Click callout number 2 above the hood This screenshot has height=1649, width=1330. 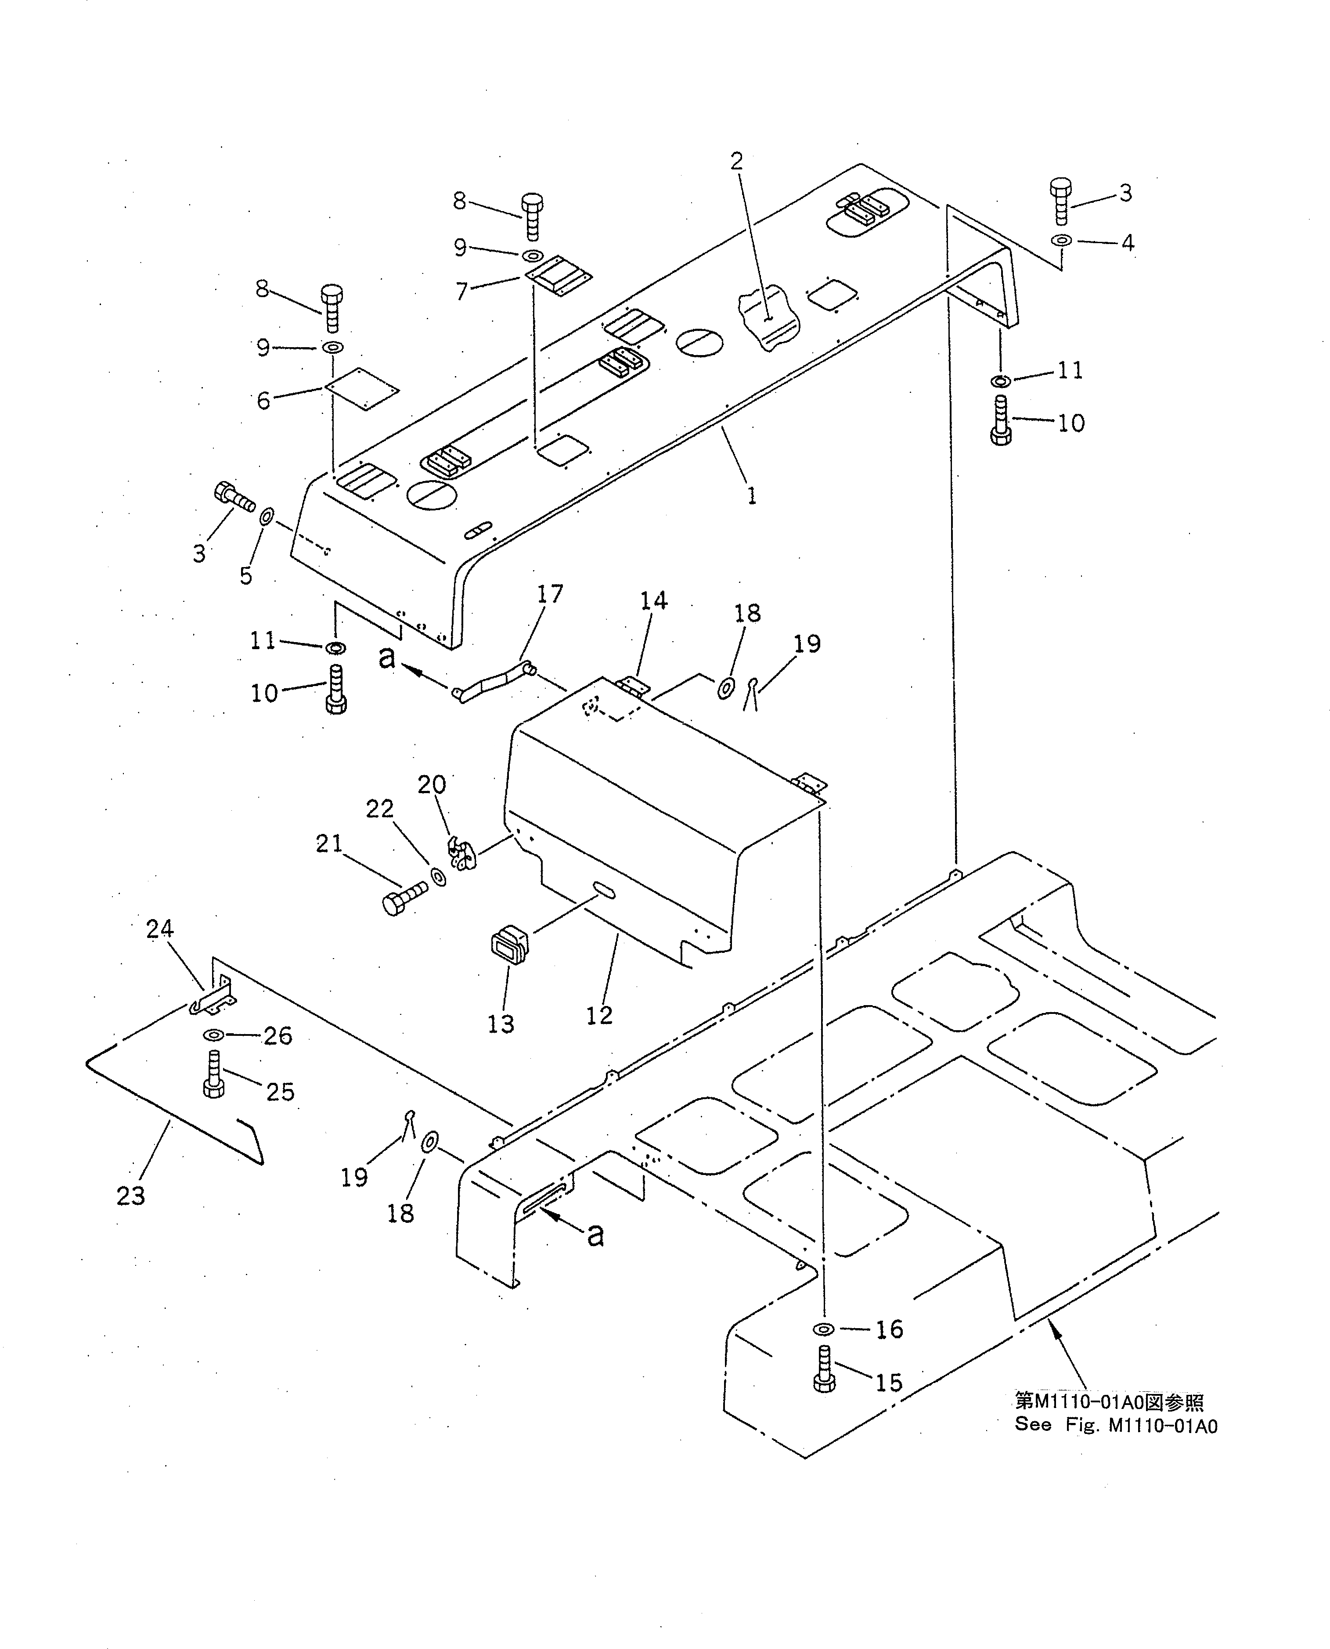(x=736, y=162)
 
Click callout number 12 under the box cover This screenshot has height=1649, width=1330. (x=599, y=1016)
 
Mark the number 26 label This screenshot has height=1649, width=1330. (x=278, y=1035)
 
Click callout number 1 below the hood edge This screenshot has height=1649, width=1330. (x=752, y=496)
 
